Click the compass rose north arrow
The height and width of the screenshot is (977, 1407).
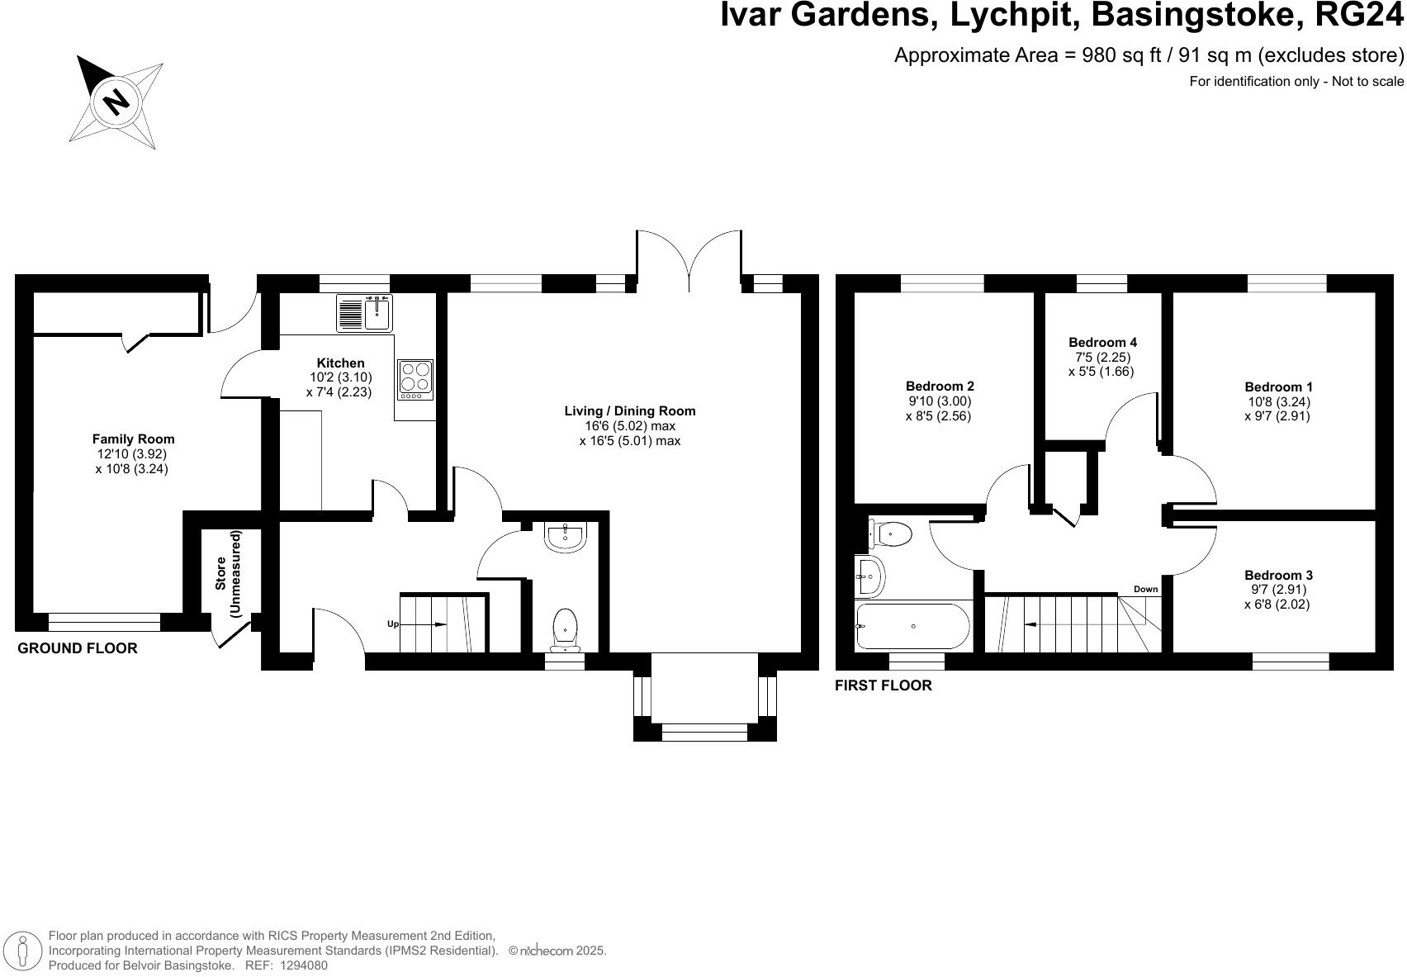(x=116, y=102)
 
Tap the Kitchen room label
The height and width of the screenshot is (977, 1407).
(x=340, y=363)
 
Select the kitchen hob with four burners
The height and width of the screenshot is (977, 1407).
(x=415, y=378)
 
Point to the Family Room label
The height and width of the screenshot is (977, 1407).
(x=133, y=439)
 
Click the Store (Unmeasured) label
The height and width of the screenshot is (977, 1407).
(x=228, y=574)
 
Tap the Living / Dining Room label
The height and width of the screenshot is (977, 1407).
(x=629, y=410)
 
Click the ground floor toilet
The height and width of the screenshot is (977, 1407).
(x=565, y=630)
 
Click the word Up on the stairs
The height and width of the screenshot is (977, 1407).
(x=393, y=624)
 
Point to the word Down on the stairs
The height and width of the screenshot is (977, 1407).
(x=1145, y=589)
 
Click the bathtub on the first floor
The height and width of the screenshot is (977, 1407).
(x=912, y=626)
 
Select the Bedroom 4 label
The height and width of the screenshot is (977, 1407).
(x=1102, y=342)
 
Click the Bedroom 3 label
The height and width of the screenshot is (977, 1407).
(x=1278, y=575)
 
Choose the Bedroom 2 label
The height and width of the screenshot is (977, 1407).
(x=940, y=386)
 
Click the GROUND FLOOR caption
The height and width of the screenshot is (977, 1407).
(x=78, y=648)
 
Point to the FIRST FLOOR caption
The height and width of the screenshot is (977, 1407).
(x=883, y=685)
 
